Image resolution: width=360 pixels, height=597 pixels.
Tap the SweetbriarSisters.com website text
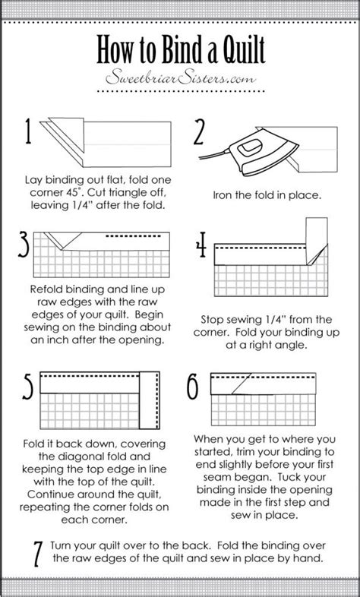click(180, 79)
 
